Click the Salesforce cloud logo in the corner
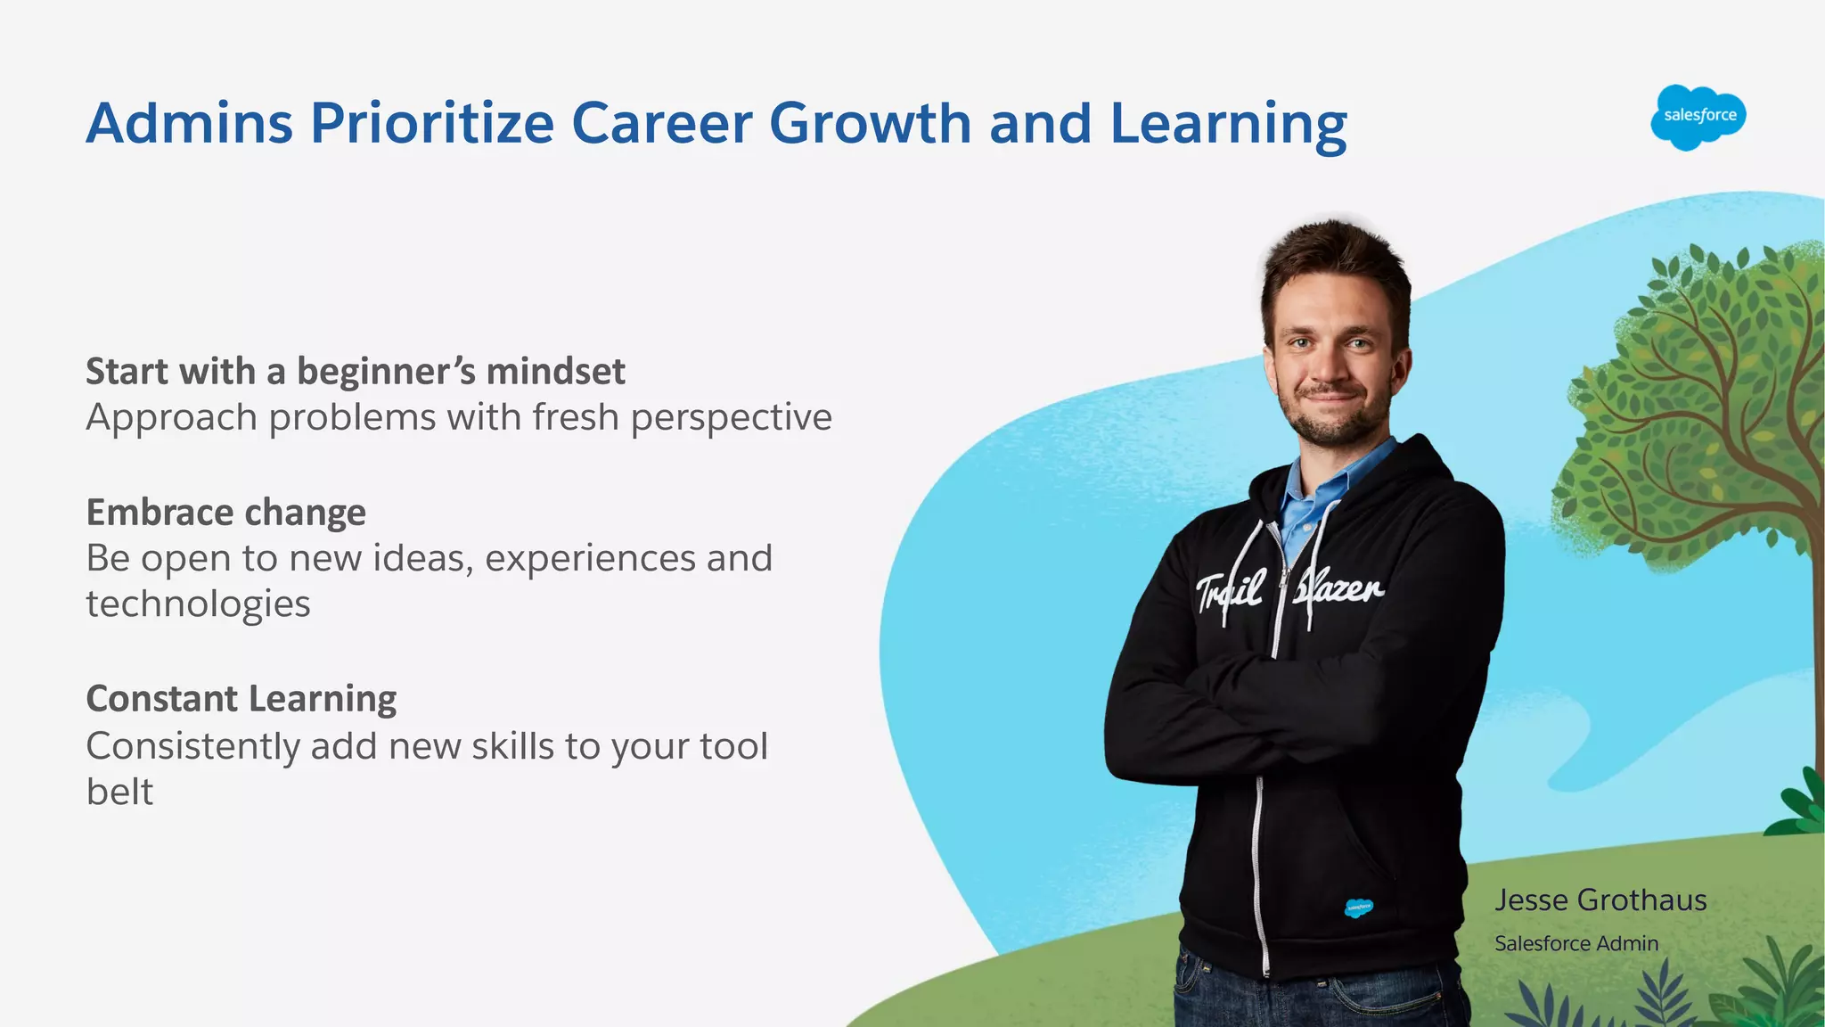pos(1698,117)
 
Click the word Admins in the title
pos(190,123)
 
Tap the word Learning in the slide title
pos(1228,125)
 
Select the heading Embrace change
pos(225,513)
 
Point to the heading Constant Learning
pos(241,699)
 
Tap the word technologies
pos(198,604)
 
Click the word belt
pos(119,792)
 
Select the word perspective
pos(732,418)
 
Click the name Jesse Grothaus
pos(1600,900)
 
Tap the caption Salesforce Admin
pos(1576,943)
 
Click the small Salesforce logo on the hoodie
pos(1358,908)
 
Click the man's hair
pos(1332,259)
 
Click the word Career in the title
pos(661,123)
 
